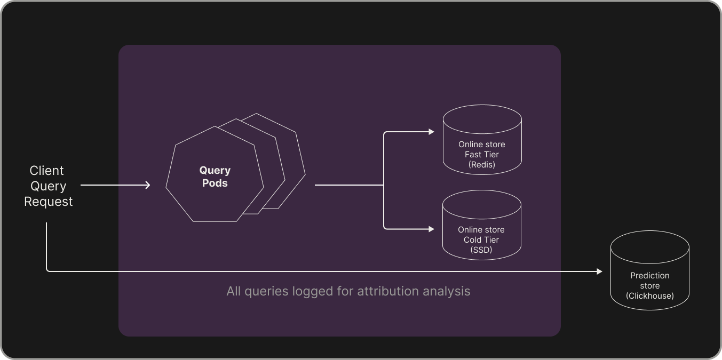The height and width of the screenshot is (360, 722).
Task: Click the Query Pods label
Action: [215, 177]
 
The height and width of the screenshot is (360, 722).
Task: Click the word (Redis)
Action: [481, 165]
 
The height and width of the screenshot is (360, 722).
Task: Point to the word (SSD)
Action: [481, 250]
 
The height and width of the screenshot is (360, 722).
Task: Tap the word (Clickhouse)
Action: [649, 296]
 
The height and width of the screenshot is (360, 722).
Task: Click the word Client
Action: [46, 171]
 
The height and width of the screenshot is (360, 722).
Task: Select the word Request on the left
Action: [48, 202]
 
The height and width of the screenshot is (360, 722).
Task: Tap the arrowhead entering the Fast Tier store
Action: [432, 132]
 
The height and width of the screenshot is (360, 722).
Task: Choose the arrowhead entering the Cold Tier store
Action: [432, 229]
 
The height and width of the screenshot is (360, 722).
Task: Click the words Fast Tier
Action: [481, 155]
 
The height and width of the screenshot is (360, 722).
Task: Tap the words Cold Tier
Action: [481, 240]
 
